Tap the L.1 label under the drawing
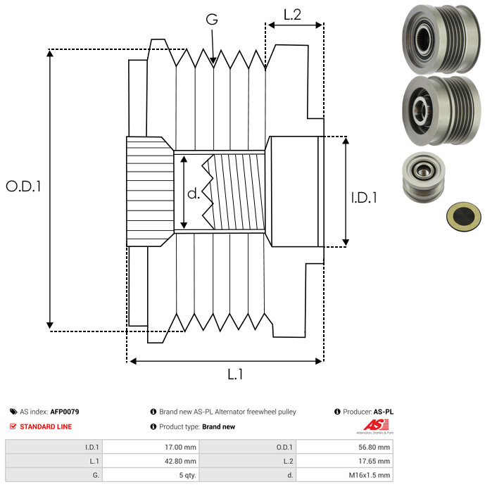click(235, 375)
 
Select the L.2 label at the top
click(292, 14)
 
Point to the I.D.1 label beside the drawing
click(364, 198)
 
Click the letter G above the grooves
click(211, 20)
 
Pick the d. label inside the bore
click(194, 194)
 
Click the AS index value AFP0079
click(65, 412)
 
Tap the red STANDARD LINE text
click(46, 426)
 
